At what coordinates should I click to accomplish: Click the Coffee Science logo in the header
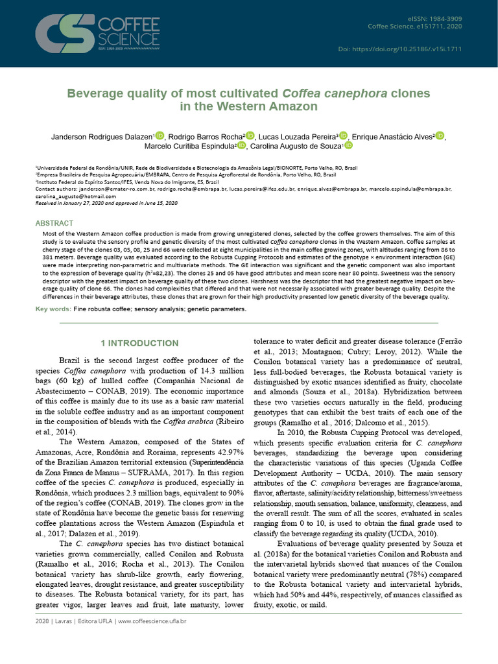pyautogui.click(x=97, y=33)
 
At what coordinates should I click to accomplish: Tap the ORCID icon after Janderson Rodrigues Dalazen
pyautogui.click(x=160, y=136)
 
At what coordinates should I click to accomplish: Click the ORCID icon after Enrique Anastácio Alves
pyautogui.click(x=440, y=136)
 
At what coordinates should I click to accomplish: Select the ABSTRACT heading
pyautogui.click(x=54, y=223)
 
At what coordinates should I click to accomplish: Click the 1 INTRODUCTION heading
pyautogui.click(x=140, y=343)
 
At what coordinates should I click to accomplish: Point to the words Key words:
pyautogui.click(x=53, y=309)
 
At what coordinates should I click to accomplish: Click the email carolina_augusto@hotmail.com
pyautogui.click(x=67, y=196)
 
